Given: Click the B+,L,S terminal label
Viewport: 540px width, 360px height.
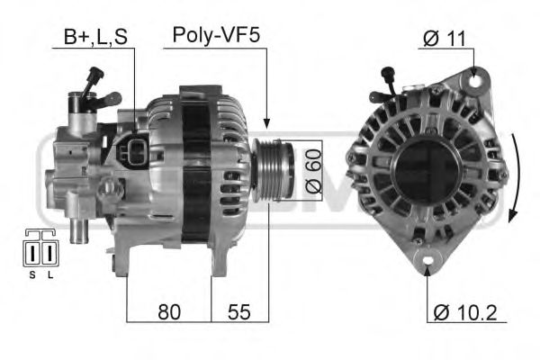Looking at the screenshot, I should [94, 37].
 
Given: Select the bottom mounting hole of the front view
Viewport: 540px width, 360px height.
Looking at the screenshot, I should [427, 264].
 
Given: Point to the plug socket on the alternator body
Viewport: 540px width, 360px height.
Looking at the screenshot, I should [133, 150].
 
